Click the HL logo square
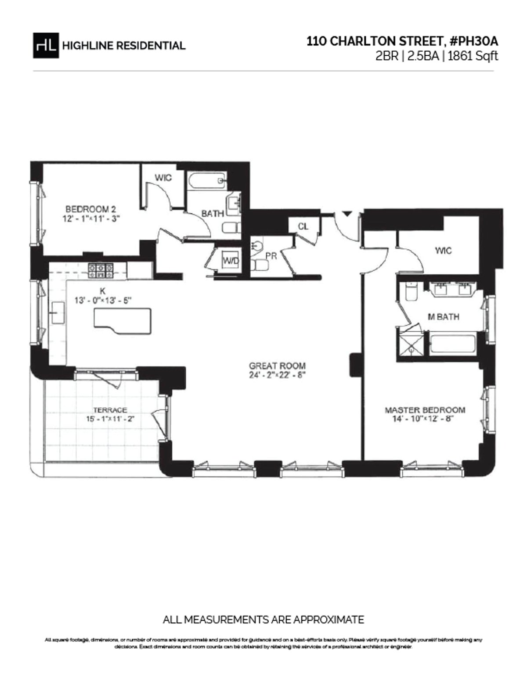[46, 45]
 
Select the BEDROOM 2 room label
[90, 209]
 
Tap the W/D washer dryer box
[231, 261]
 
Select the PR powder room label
[271, 255]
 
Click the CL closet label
[303, 226]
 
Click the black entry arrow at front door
[347, 214]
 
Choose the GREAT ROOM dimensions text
[277, 375]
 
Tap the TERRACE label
[110, 410]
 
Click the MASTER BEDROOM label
[425, 410]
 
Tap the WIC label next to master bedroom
[443, 251]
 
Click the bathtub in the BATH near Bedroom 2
[207, 180]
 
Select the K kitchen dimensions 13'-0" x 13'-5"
[104, 301]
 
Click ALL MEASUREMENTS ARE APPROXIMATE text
[263, 620]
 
